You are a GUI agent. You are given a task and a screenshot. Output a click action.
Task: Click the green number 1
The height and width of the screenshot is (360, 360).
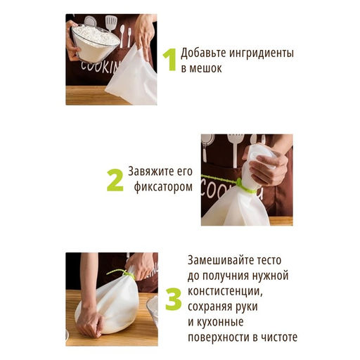[x=170, y=59]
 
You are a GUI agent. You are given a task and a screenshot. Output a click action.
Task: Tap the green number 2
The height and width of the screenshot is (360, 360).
[x=115, y=180]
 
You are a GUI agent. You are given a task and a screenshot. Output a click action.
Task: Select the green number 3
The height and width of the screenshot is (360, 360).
[x=174, y=300]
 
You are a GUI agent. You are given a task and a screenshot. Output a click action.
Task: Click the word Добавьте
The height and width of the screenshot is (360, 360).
[x=203, y=53]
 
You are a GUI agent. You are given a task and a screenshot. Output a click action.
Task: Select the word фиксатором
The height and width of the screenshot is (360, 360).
[x=163, y=187]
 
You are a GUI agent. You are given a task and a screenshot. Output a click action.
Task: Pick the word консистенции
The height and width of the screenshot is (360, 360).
[x=225, y=292]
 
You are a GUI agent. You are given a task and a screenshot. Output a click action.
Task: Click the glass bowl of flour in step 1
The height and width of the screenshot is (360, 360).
[x=96, y=43]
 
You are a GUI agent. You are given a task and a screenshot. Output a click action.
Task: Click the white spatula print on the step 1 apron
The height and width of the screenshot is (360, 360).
[x=111, y=23]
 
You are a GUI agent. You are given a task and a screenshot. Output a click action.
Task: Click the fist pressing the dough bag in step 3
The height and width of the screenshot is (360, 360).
[x=89, y=324]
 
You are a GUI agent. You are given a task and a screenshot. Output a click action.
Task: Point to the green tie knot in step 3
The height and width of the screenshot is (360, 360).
[x=126, y=274]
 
